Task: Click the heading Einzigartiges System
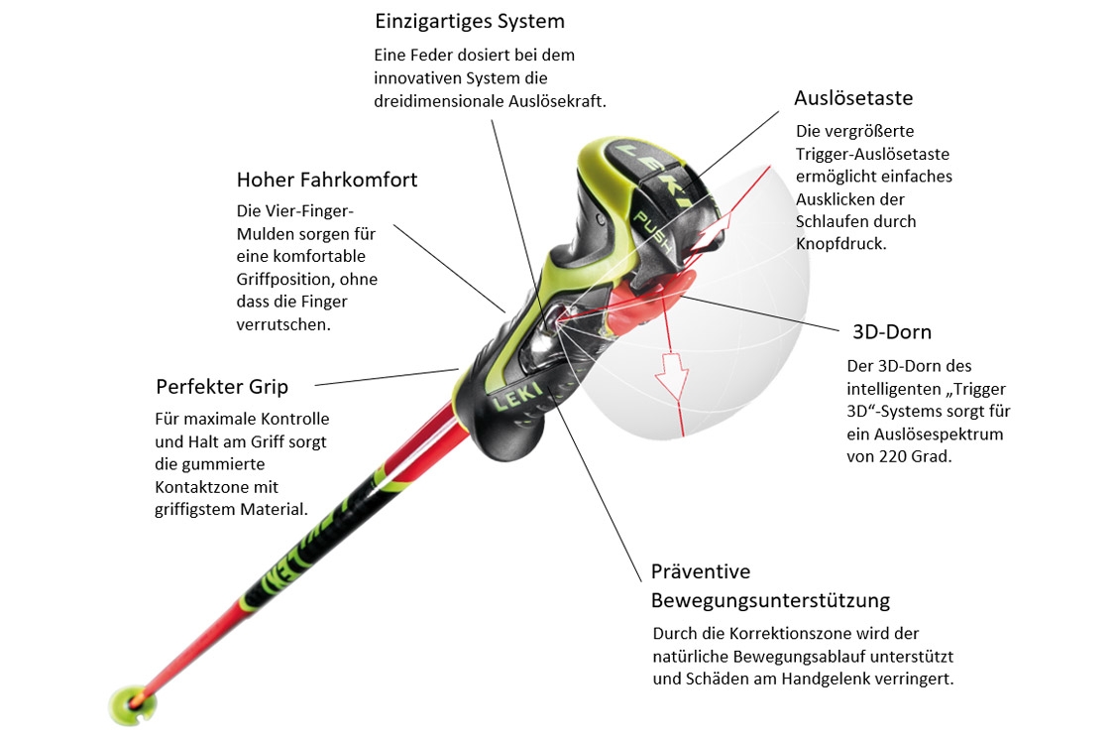coord(470,22)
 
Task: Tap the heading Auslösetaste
coord(853,97)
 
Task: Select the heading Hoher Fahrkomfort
coord(327,180)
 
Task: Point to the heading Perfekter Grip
coord(222,387)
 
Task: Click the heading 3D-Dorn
coord(892,332)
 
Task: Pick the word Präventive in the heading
coord(701,571)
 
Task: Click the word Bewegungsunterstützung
coord(770,600)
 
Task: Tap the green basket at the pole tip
coord(132,704)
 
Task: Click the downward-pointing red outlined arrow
coord(671,374)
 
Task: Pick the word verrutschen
coord(283,325)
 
